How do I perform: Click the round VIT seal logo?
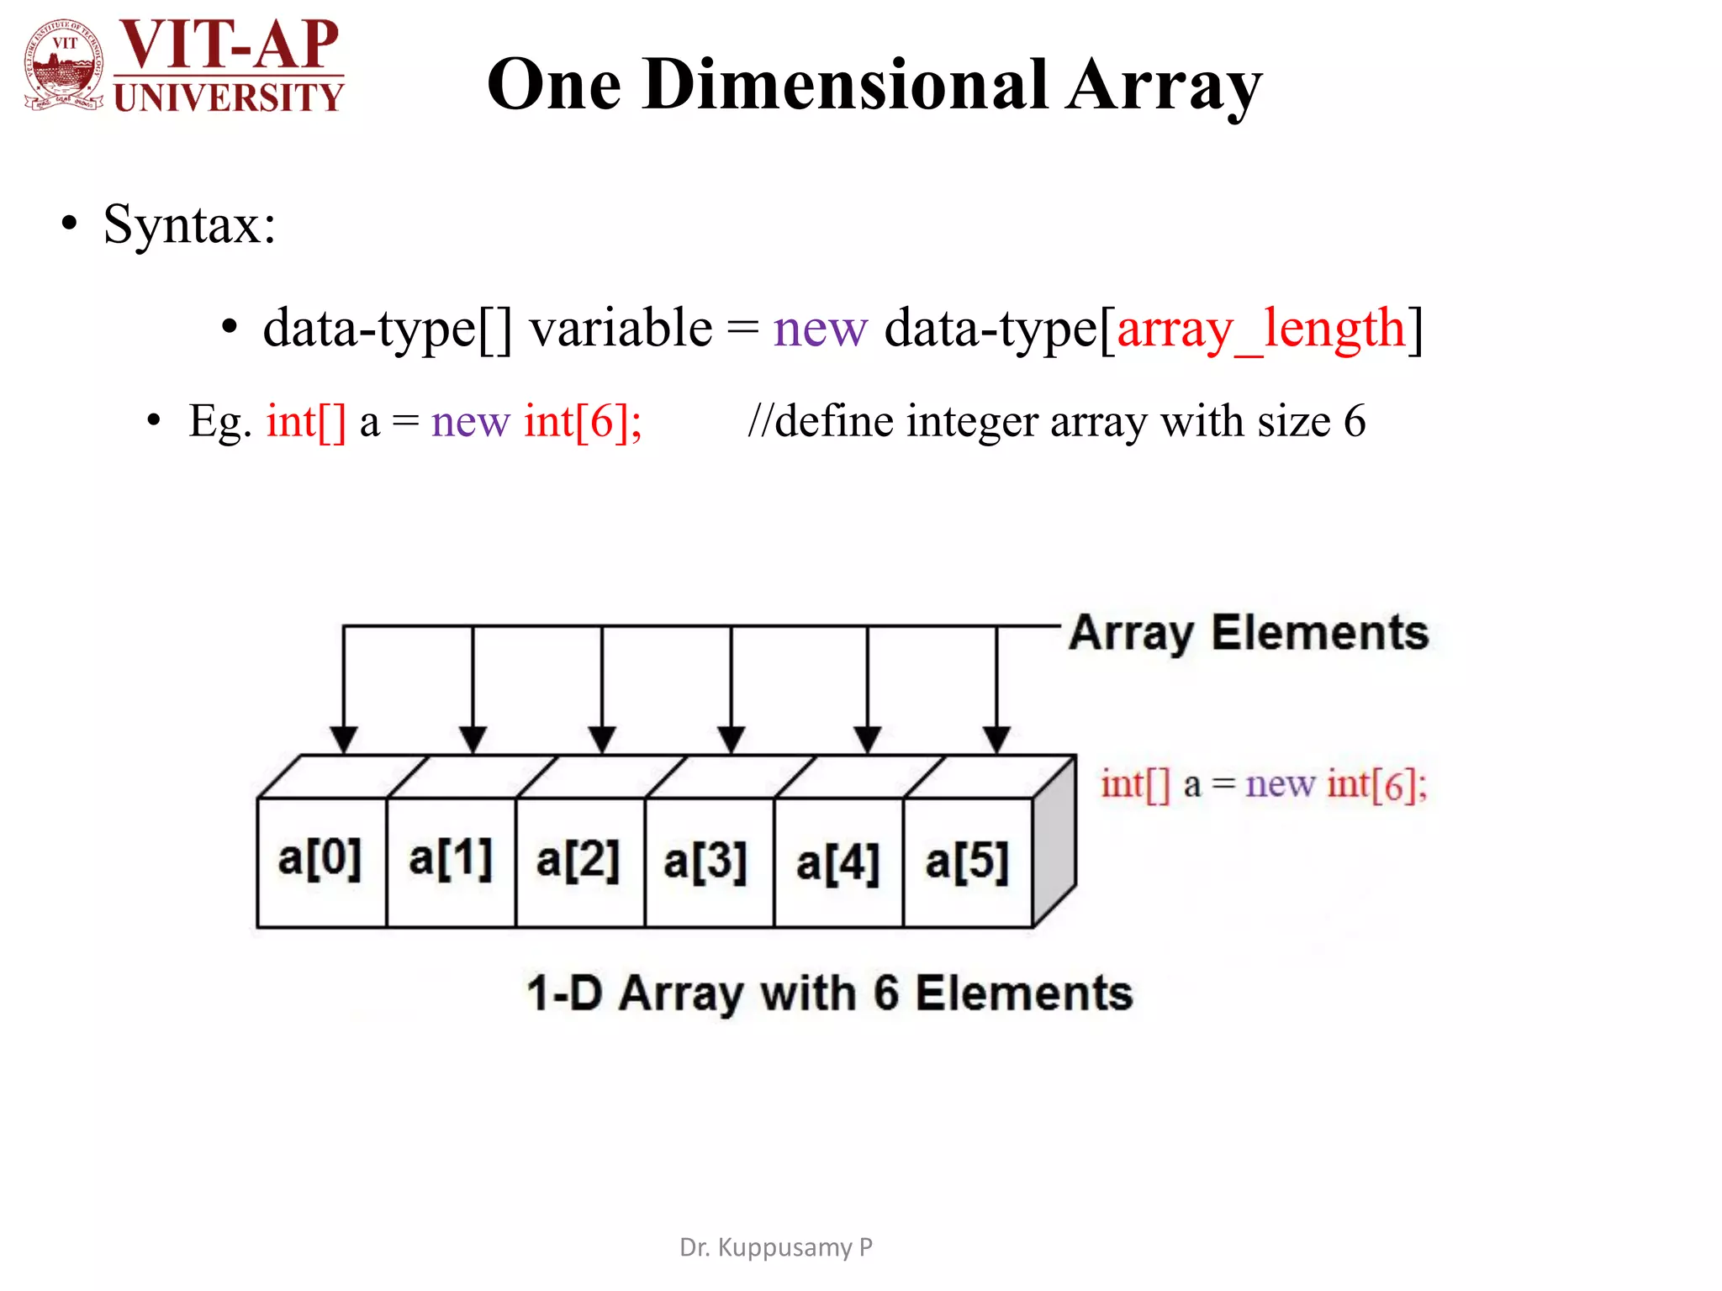click(65, 65)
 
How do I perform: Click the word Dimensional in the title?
click(845, 85)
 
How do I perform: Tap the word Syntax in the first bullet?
click(189, 224)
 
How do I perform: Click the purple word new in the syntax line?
click(820, 328)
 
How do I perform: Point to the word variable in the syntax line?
click(621, 328)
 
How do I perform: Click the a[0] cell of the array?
click(320, 861)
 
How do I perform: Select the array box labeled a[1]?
click(451, 861)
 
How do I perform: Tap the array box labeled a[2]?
click(578, 861)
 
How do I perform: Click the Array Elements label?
click(1249, 633)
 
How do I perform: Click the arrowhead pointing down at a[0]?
click(343, 739)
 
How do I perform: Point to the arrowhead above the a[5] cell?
click(996, 739)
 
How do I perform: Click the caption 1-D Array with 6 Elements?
click(830, 993)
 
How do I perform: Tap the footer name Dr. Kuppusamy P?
click(776, 1247)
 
